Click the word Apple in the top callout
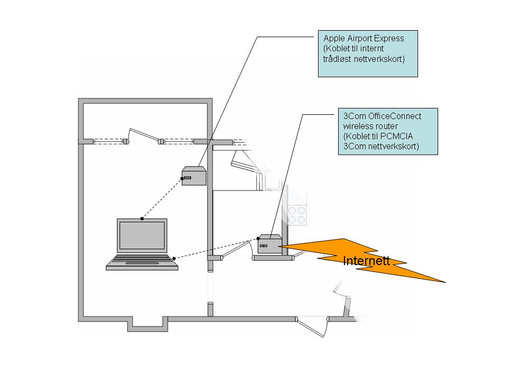coord(333,39)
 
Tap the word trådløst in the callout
coord(336,59)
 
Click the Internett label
coord(366,260)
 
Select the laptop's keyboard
coord(141,260)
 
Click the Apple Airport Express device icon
coord(194,176)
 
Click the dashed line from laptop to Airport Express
coord(161,199)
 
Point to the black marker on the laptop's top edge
coord(142,219)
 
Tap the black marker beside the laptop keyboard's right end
coord(174,258)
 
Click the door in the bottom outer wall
coord(312,325)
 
